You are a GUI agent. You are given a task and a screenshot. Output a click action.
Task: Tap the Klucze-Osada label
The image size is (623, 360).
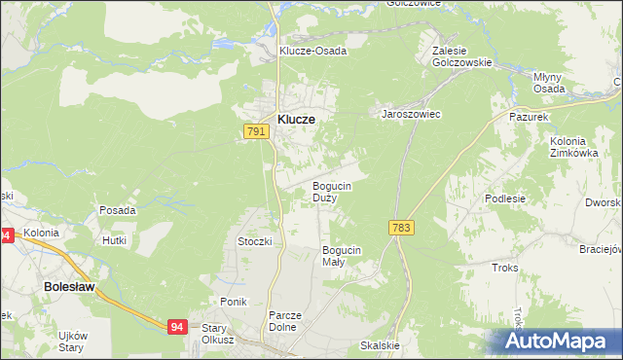(312, 51)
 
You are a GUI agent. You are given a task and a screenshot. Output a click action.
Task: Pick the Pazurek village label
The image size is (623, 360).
(531, 115)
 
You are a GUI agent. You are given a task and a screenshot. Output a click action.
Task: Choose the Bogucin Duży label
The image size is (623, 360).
(331, 192)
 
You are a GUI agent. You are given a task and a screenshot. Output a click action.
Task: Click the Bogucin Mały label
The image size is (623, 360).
(342, 256)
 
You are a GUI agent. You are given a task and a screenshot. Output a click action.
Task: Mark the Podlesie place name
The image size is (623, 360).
(505, 198)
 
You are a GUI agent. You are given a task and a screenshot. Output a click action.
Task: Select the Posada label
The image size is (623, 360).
(117, 210)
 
